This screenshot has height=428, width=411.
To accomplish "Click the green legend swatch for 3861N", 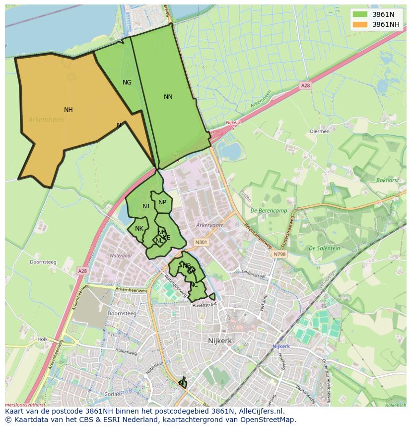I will [360, 14].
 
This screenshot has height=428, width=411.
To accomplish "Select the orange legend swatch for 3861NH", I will [360, 24].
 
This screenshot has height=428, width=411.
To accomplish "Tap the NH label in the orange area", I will [68, 110].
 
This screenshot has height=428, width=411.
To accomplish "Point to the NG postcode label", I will [127, 83].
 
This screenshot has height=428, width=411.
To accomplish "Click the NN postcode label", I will [168, 97].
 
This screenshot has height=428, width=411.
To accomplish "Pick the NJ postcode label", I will [146, 206].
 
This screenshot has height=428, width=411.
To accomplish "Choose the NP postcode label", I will [162, 202].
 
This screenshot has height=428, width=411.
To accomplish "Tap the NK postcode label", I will [139, 229].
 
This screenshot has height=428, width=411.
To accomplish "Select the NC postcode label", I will [194, 285].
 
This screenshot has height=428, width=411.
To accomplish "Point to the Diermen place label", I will [319, 132].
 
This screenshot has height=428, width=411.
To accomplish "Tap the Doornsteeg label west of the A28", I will [43, 262].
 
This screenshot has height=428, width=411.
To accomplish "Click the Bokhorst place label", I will [387, 180].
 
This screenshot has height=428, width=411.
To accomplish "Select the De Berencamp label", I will [267, 211].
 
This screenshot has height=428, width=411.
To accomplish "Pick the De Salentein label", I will [324, 248].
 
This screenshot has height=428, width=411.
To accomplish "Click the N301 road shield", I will [201, 243].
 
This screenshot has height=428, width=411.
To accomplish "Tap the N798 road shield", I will [279, 255].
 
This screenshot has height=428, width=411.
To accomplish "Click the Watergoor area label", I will [121, 256].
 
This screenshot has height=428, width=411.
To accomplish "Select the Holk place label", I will [42, 340].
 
